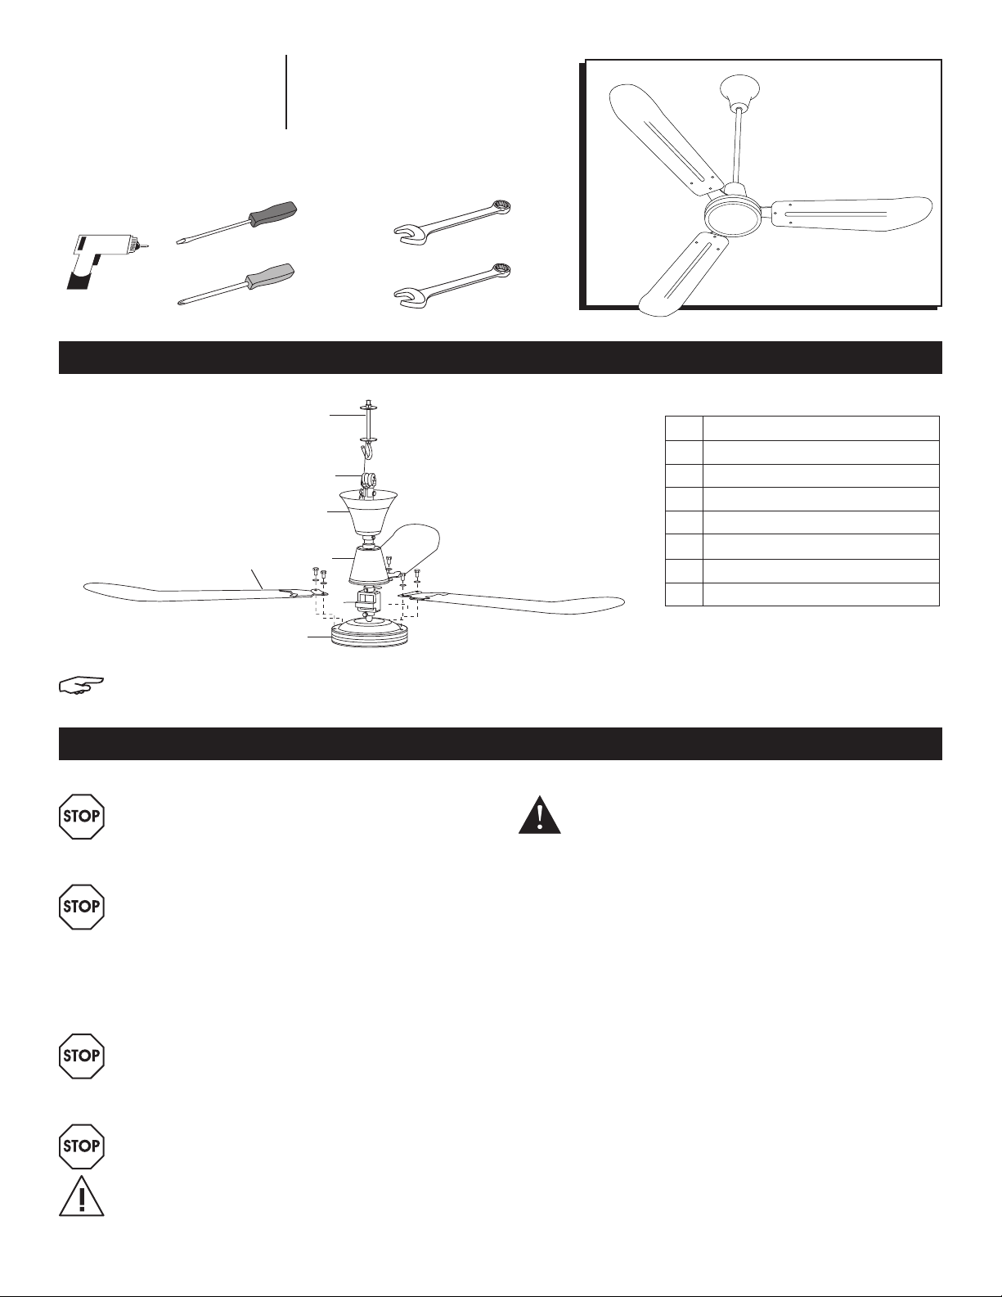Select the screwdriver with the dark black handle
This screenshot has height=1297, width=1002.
236,223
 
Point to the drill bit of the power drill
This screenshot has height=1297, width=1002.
144,245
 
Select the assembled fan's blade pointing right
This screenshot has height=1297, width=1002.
851,213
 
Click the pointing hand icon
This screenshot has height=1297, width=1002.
82,685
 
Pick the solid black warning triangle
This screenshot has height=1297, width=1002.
539,815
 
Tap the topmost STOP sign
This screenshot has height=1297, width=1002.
82,817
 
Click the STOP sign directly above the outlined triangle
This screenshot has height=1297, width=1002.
82,1146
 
